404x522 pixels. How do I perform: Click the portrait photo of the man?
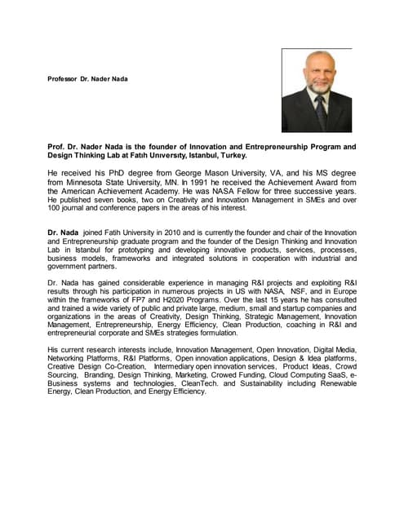coord(316,90)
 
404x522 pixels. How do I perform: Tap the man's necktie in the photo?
coord(320,113)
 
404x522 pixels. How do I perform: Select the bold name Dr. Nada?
coord(64,233)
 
